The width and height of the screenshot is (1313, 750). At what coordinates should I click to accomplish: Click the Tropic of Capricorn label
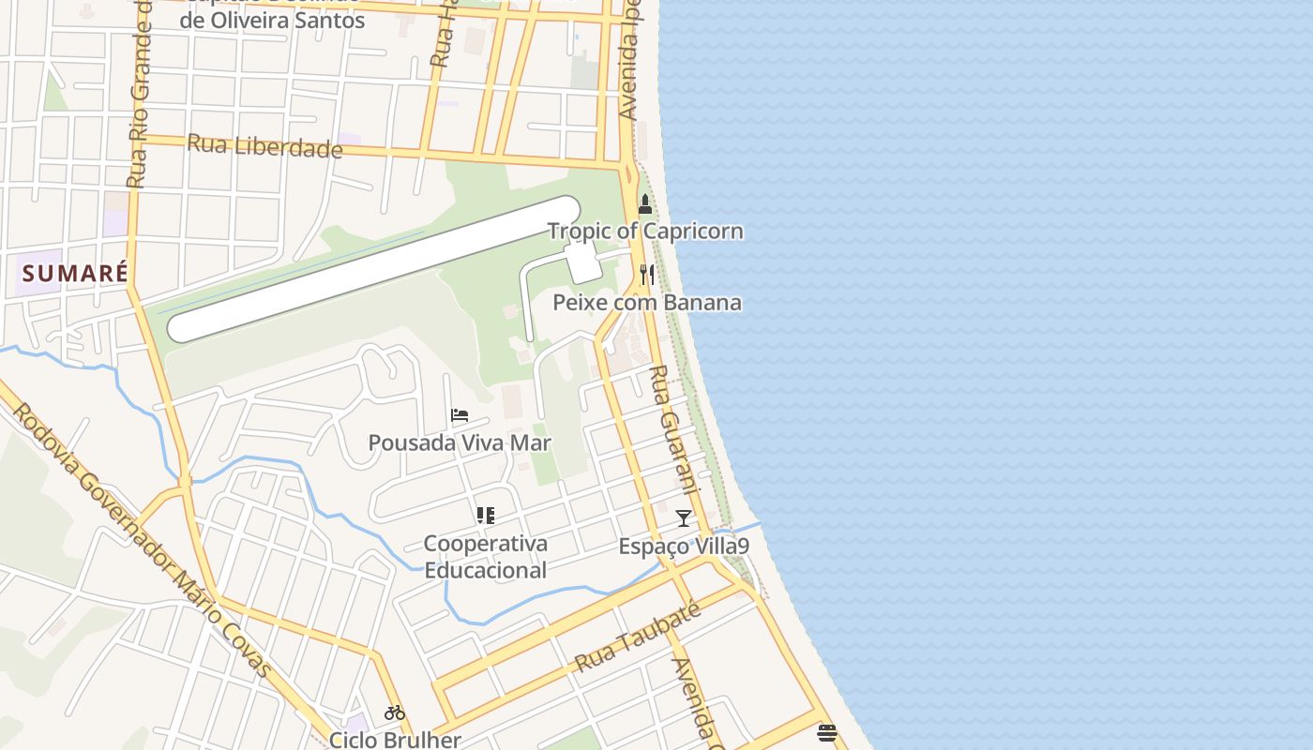tap(645, 231)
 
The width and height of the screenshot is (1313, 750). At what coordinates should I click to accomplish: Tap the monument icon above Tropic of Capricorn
tap(645, 203)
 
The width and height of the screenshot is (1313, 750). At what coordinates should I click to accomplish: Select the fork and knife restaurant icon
tap(646, 274)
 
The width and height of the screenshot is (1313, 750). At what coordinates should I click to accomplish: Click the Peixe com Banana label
tap(647, 302)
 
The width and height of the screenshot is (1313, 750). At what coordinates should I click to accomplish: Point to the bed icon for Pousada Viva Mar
tap(459, 414)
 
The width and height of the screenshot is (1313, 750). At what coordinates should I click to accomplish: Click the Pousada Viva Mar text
tap(460, 442)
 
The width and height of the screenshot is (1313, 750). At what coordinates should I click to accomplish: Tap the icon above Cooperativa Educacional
tap(485, 515)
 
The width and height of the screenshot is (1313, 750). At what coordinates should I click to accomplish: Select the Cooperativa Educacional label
tap(485, 557)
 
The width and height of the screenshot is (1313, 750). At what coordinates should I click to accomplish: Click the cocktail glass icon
tap(684, 517)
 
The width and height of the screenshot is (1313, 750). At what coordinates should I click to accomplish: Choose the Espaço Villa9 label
tap(684, 546)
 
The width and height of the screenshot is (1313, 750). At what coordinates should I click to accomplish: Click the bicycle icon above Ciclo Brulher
tap(395, 712)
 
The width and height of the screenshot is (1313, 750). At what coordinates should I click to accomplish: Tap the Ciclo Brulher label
tap(395, 739)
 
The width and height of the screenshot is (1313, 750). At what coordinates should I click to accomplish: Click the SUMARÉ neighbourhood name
tap(75, 274)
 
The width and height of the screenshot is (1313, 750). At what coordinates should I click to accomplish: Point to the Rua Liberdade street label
tap(264, 146)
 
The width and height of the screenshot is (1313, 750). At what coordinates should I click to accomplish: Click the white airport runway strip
tap(375, 268)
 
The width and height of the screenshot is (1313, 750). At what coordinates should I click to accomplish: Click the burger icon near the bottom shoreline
tap(826, 732)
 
